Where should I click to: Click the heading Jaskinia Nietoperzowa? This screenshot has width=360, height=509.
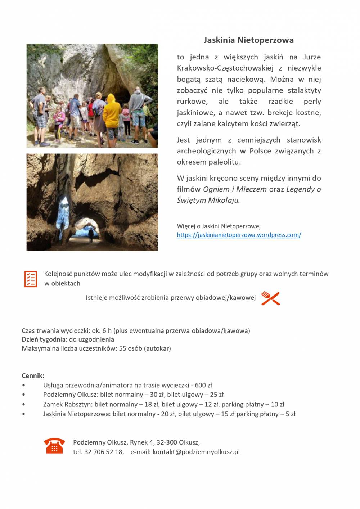pyautogui.click(x=248, y=40)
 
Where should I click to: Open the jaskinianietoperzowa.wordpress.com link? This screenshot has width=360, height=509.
pyautogui.click(x=239, y=235)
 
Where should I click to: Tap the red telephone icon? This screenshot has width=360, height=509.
pyautogui.click(x=54, y=446)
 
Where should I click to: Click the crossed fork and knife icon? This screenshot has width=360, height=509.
pyautogui.click(x=270, y=298)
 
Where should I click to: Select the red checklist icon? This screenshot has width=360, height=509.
pyautogui.click(x=31, y=279)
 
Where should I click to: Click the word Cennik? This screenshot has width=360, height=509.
pyautogui.click(x=32, y=376)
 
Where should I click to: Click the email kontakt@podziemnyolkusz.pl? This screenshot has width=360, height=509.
pyautogui.click(x=196, y=452)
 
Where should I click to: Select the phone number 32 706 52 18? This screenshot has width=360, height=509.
pyautogui.click(x=104, y=452)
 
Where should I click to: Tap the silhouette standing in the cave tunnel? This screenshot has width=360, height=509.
pyautogui.click(x=91, y=235)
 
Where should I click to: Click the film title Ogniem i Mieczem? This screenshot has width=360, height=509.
pyautogui.click(x=235, y=189)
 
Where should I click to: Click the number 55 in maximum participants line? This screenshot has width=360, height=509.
pyautogui.click(x=123, y=348)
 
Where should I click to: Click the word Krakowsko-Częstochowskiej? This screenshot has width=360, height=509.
pyautogui.click(x=225, y=68)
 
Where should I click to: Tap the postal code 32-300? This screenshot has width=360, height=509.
pyautogui.click(x=166, y=442)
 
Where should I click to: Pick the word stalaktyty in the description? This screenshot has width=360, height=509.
pyautogui.click(x=304, y=90)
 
